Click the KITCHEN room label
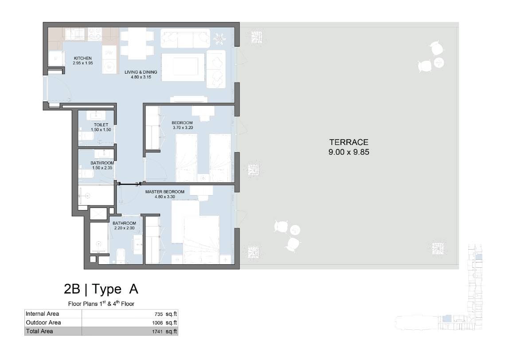[83, 58]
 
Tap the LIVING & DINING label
[141, 72]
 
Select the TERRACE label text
[349, 142]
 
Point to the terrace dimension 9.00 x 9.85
[349, 153]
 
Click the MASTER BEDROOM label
[164, 192]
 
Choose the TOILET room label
[101, 125]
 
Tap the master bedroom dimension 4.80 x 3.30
[164, 197]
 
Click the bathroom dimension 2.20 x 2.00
[124, 228]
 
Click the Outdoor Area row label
[43, 323]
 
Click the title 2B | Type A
[101, 289]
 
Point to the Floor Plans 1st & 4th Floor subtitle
[101, 303]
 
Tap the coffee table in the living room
[183, 67]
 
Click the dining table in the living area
[137, 43]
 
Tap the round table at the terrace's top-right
[438, 63]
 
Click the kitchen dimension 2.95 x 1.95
[83, 63]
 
